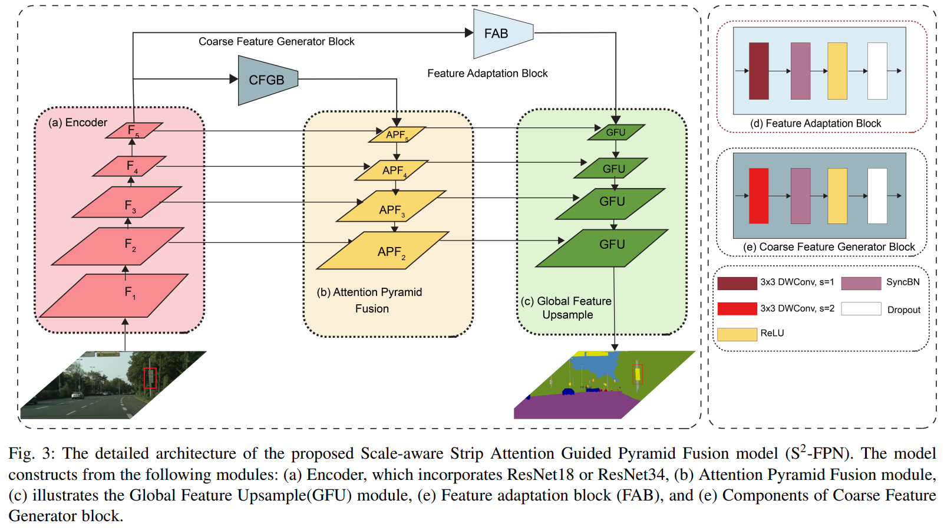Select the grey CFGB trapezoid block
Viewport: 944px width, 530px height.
point(267,80)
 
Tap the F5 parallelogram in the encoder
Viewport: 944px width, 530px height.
point(134,130)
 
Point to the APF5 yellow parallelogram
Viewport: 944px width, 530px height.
point(397,134)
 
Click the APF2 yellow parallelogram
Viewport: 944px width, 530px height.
point(384,251)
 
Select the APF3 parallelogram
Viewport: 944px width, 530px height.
point(391,206)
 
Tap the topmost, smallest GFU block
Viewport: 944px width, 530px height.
point(616,132)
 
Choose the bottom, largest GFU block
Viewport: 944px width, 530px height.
point(602,248)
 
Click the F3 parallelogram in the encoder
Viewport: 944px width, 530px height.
point(127,202)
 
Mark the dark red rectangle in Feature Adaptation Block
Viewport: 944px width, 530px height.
point(759,71)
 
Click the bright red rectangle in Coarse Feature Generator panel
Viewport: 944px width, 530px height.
point(758,196)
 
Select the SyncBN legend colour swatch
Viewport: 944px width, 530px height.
point(861,283)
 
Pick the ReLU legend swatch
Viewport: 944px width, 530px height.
point(737,334)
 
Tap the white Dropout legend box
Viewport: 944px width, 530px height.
point(861,309)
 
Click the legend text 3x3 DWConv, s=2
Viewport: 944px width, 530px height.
point(797,308)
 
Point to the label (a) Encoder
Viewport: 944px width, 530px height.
point(78,123)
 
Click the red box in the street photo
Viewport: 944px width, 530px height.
point(150,378)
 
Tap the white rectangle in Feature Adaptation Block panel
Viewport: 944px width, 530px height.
point(877,71)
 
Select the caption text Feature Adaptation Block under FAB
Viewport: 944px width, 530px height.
point(487,74)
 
